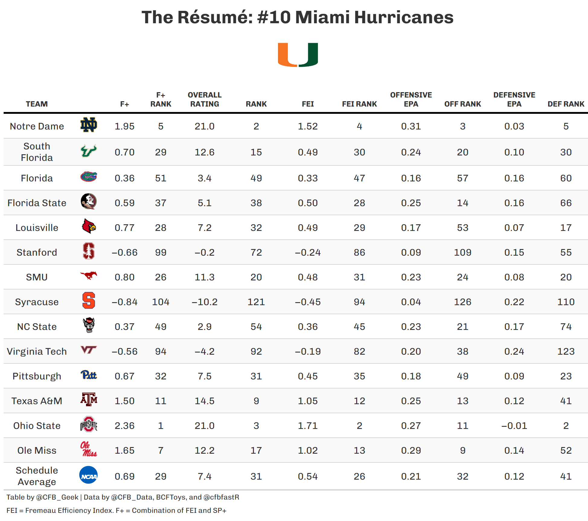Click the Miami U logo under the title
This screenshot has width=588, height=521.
298,55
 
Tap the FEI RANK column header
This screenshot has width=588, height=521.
359,104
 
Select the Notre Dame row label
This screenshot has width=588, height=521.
37,126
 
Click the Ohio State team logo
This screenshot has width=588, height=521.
89,425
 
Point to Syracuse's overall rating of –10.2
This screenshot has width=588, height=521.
204,302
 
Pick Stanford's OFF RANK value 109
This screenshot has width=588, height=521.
462,252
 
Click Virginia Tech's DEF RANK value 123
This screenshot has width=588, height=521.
566,351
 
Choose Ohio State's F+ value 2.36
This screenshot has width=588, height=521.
124,426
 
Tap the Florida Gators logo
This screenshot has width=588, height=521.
89,177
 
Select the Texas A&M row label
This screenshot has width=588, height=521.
37,401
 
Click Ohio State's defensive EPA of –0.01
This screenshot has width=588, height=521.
514,426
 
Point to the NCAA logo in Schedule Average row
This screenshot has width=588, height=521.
88,475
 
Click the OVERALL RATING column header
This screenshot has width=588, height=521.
204,100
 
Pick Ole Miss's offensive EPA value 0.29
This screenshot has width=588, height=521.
411,450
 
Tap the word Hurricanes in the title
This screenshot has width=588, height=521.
404,17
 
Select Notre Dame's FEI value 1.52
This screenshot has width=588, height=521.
308,126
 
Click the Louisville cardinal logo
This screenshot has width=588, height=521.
89,226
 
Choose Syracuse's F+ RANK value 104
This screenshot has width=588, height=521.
161,302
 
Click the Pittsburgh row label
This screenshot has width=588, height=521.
37,376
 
